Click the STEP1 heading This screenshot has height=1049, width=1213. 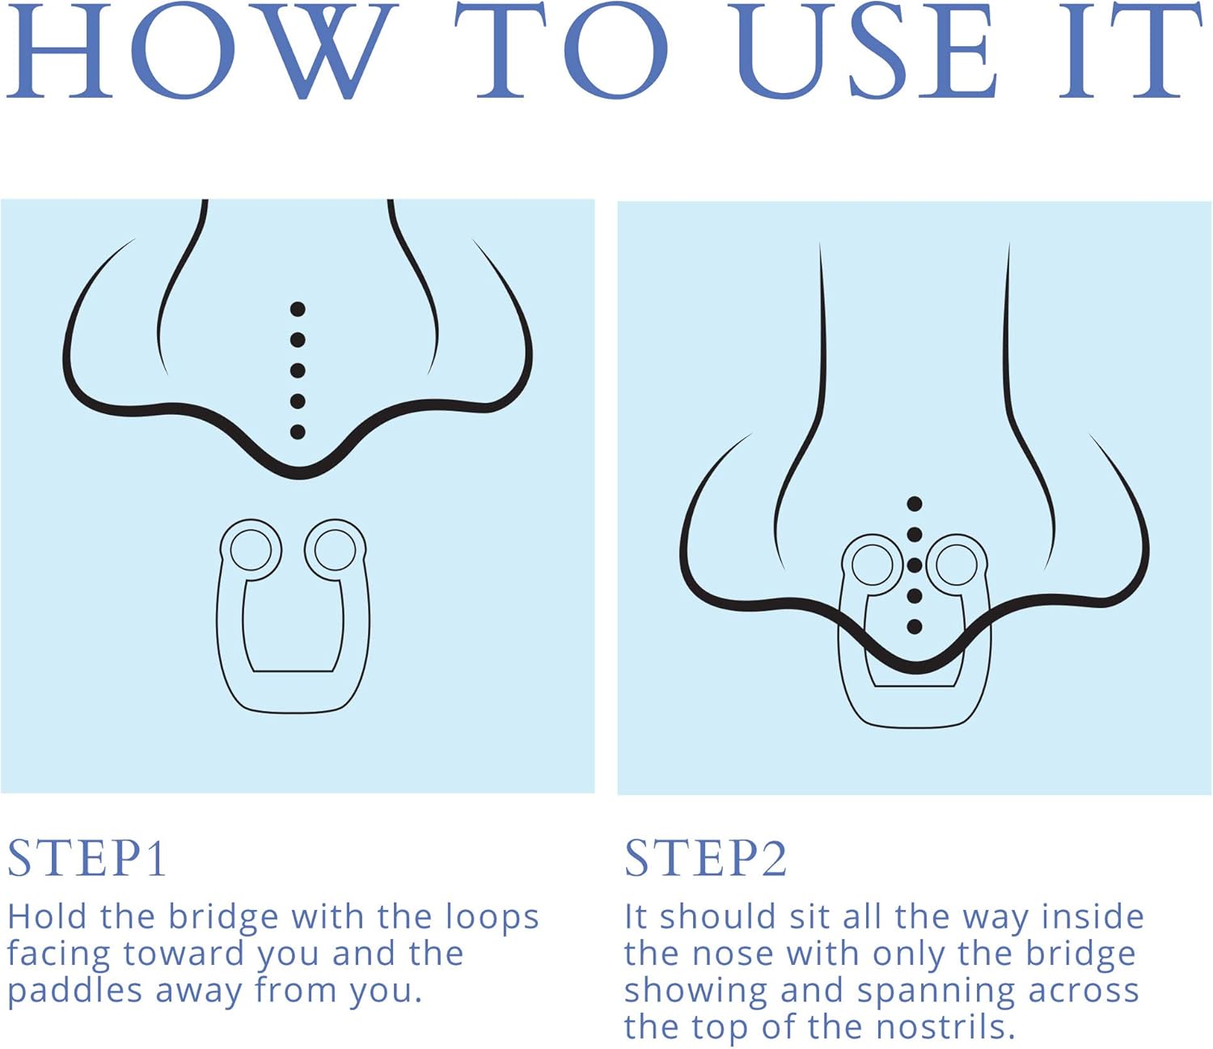point(87,858)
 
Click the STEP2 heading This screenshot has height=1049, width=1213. point(706,858)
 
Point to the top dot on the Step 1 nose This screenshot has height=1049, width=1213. point(298,309)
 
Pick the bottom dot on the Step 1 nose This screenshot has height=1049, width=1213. point(298,432)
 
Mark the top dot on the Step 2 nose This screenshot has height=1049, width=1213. point(915,504)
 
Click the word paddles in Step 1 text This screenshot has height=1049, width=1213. point(75,992)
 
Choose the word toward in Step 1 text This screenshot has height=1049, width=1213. point(184,954)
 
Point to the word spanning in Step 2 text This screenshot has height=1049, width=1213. point(936,993)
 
